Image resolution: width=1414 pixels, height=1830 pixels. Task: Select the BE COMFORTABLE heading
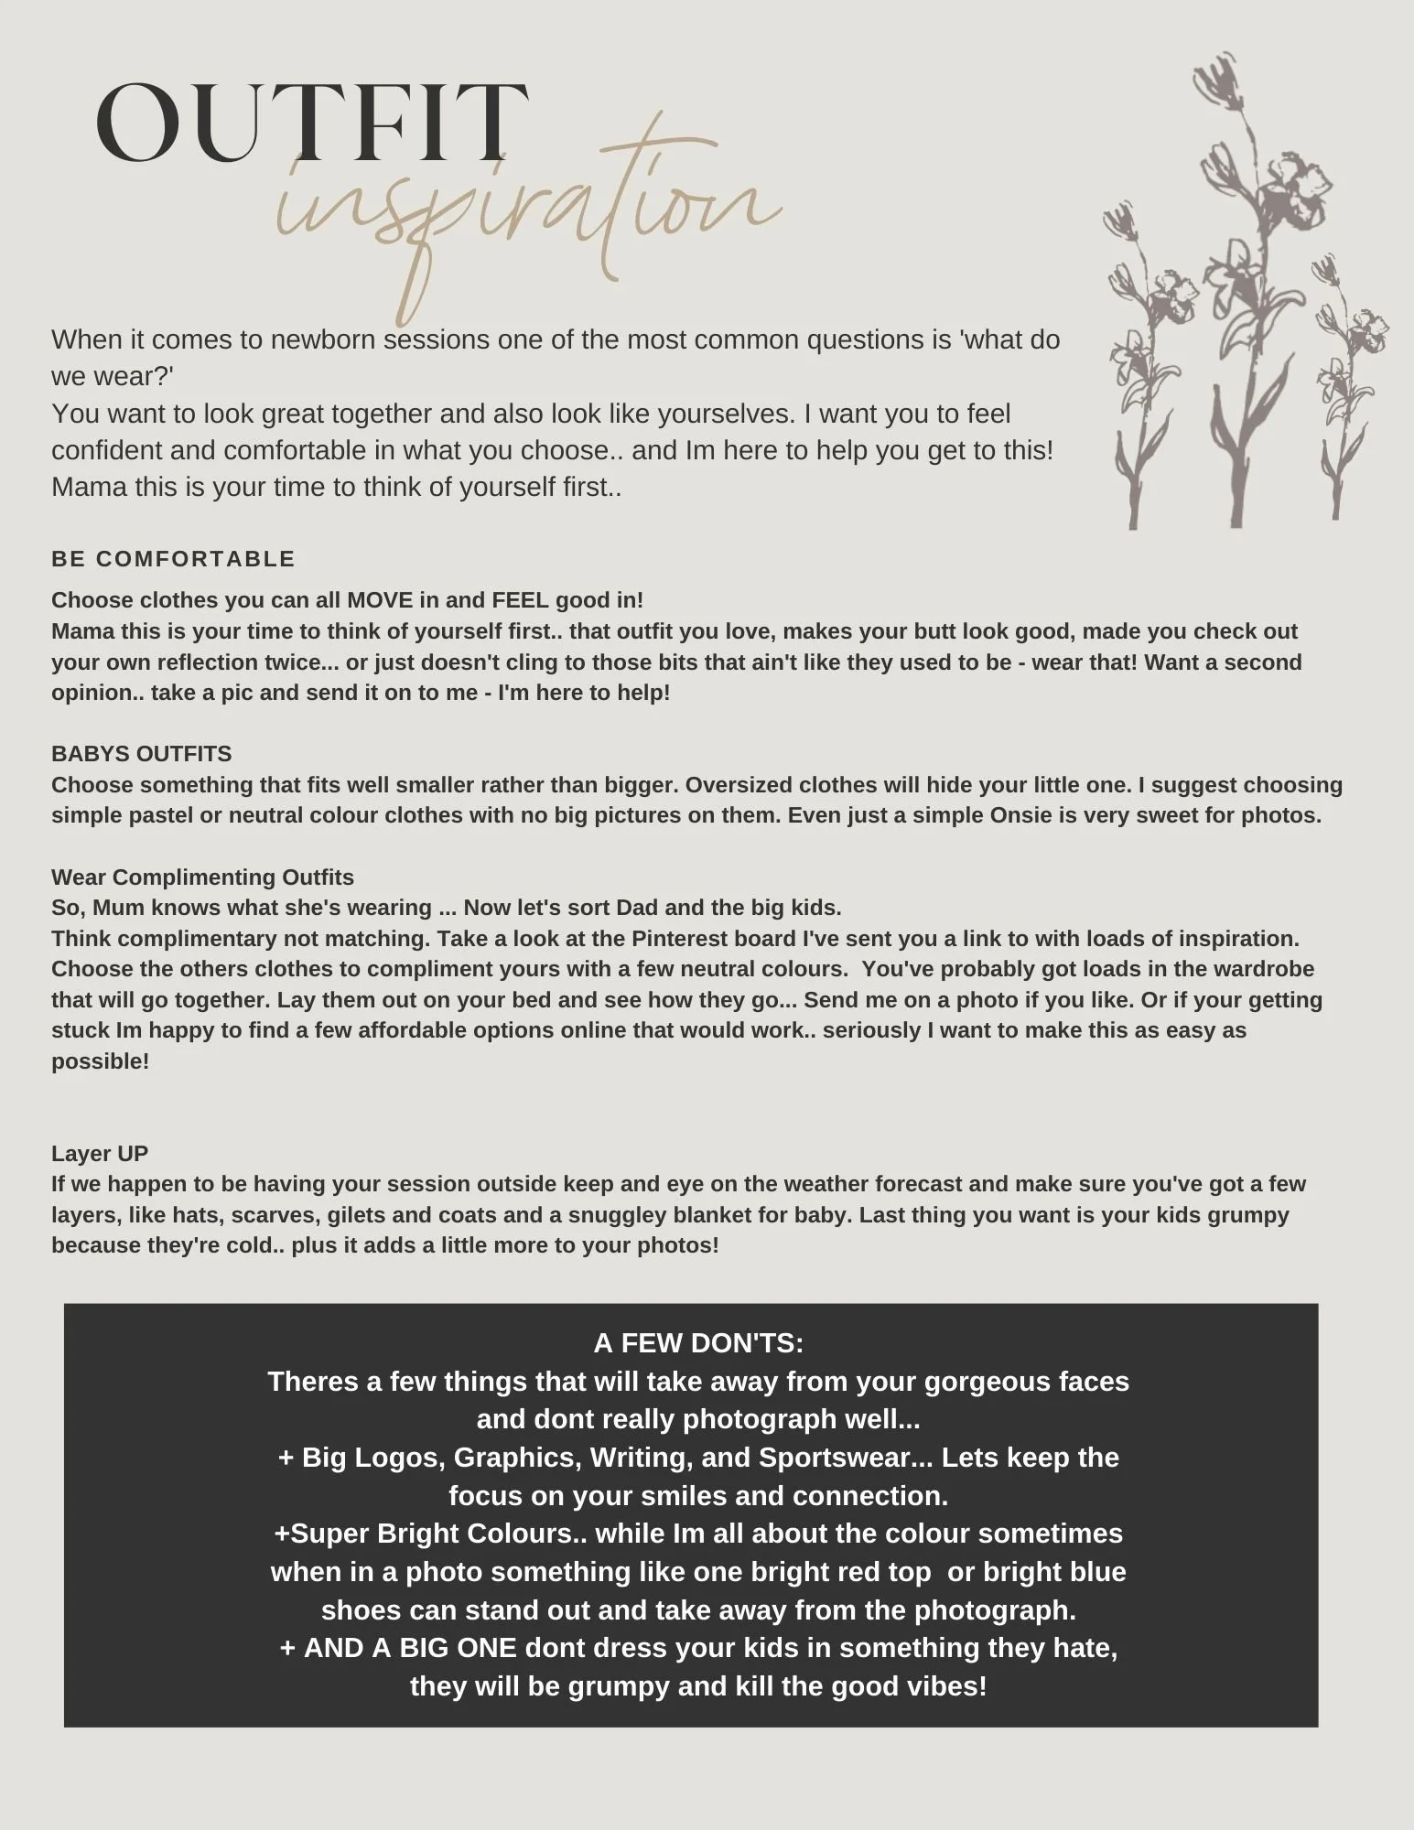(173, 559)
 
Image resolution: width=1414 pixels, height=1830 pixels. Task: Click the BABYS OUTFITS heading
(142, 754)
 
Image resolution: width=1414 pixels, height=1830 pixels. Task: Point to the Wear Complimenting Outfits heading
(202, 877)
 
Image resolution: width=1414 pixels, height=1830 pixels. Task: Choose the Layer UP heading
(100, 1153)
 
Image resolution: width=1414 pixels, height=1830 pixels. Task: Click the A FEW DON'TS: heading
(698, 1342)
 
